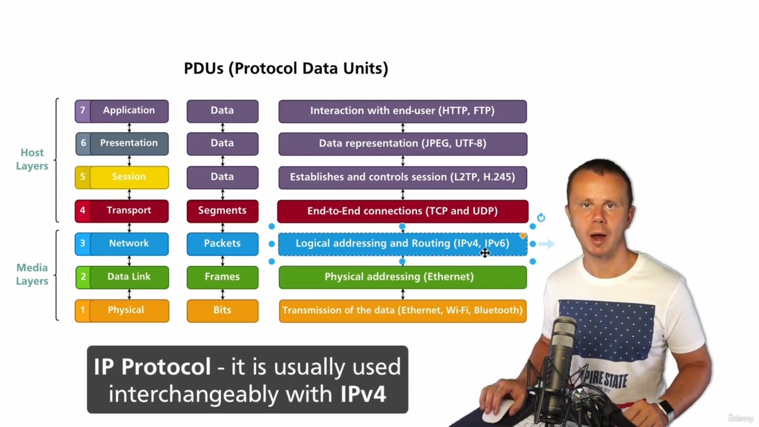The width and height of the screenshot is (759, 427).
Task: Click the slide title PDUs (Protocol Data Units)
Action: point(286,68)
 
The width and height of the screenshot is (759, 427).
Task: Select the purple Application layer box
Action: point(122,111)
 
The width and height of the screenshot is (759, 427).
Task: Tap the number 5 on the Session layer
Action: point(82,177)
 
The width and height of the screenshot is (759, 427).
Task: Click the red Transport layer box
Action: point(122,211)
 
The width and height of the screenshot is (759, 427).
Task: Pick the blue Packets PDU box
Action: point(222,244)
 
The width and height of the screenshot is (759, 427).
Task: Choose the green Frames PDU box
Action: point(222,277)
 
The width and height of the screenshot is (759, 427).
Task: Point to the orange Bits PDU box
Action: point(222,311)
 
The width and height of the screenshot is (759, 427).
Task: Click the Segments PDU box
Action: point(222,211)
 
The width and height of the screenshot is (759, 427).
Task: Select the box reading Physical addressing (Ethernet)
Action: point(403,277)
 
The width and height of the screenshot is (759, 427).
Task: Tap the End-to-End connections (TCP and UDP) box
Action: point(403,211)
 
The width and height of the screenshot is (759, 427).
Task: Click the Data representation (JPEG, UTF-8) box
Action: point(403,144)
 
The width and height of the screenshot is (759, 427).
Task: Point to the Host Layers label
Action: point(32,160)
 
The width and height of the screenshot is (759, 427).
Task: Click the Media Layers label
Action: point(32,274)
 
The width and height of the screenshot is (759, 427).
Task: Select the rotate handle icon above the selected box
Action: point(541,217)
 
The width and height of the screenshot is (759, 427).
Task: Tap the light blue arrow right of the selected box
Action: point(547,244)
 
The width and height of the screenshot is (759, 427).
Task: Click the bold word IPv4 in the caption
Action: point(363,394)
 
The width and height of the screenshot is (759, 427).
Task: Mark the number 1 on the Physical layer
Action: point(82,310)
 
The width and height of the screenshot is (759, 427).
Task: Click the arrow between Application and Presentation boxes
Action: point(129,128)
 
